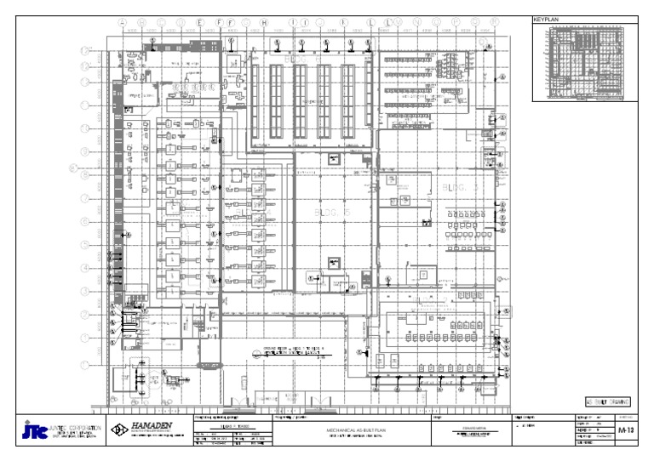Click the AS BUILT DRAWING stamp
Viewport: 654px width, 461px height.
tap(607, 401)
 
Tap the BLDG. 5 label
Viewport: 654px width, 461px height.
tap(332, 212)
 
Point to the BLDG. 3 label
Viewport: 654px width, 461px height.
tap(460, 186)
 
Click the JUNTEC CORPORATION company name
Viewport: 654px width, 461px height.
tap(77, 427)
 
